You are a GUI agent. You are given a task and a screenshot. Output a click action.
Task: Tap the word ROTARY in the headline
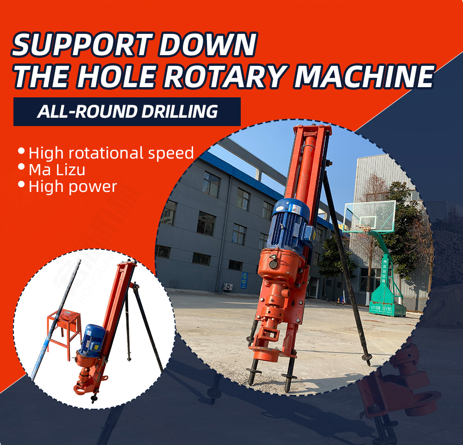[x=225, y=76]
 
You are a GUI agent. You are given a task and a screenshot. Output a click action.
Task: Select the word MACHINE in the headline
[x=364, y=76]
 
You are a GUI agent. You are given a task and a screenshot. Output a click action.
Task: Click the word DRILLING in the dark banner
[x=180, y=111]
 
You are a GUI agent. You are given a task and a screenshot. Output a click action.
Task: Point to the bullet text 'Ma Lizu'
[x=57, y=170]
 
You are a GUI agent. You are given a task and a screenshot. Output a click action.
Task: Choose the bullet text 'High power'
[x=73, y=187]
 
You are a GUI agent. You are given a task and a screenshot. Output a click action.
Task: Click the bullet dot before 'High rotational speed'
[x=21, y=151]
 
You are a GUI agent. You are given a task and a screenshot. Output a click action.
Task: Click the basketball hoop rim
[x=363, y=227]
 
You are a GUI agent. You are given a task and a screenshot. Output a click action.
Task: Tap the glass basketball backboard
[x=369, y=216]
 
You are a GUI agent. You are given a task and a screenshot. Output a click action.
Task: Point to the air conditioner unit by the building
[x=227, y=286]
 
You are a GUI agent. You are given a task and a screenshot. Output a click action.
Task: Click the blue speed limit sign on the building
[x=244, y=280]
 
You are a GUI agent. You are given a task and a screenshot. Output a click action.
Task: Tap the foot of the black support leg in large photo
[x=367, y=359]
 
